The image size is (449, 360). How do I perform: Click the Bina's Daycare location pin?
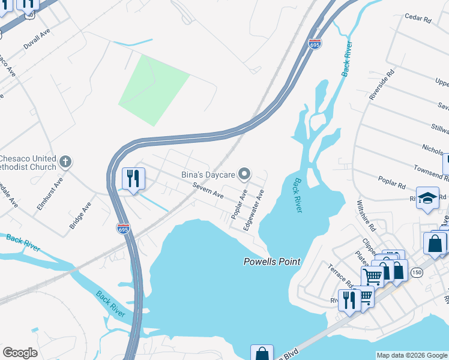click(x=244, y=175)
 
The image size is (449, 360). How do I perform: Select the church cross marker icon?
click(x=66, y=162)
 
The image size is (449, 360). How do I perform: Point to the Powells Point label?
click(x=271, y=262)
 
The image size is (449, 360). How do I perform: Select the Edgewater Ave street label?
click(x=254, y=211)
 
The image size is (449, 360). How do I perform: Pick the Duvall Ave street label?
click(x=35, y=42)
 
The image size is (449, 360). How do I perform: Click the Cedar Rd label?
click(x=418, y=19)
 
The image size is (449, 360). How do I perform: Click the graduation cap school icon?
click(x=428, y=199)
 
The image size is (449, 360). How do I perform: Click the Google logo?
click(x=20, y=353)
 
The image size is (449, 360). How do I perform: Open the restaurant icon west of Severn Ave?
click(x=133, y=178)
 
